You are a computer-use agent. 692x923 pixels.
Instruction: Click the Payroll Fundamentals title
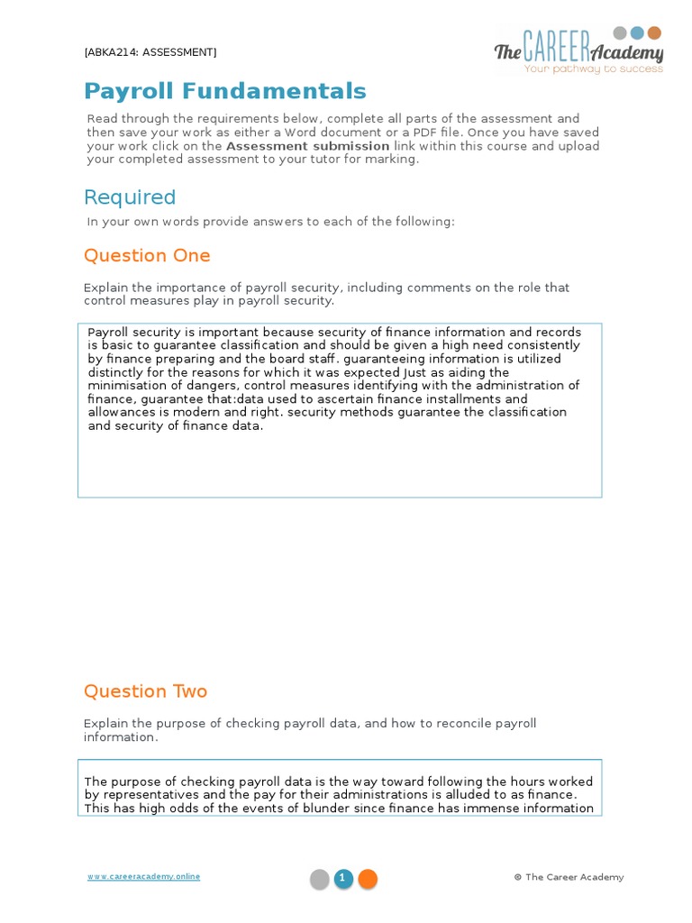coord(225,91)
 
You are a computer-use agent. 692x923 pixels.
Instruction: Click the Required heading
coord(130,197)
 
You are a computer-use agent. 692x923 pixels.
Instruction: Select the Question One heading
coord(147,255)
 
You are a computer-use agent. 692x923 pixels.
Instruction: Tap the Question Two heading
coord(145,691)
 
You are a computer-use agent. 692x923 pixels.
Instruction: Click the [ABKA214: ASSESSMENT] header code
coord(150,52)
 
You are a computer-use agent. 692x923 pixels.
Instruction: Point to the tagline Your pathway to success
coord(594,69)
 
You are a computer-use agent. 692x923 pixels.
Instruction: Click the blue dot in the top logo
coord(637,33)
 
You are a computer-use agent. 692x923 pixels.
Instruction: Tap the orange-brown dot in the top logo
coord(654,33)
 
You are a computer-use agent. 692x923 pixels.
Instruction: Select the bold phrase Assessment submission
coord(307,146)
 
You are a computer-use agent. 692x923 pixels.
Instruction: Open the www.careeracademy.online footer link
coord(143,876)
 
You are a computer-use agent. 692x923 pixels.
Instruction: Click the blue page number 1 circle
coord(343,879)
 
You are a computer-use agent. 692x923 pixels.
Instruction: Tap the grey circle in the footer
coord(320,879)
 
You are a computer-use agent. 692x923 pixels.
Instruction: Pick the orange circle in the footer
coord(368,879)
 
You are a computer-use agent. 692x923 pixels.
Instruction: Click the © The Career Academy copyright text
coord(569,877)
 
